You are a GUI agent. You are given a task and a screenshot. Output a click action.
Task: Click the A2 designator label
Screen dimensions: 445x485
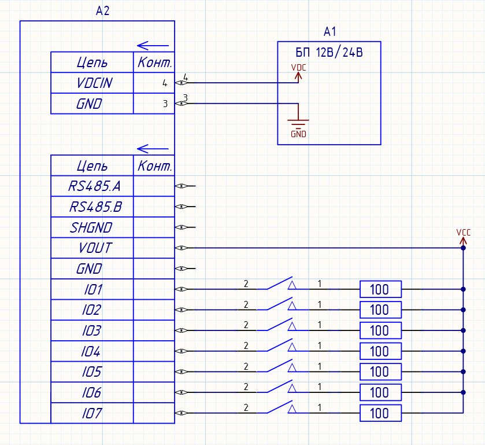[x=102, y=11]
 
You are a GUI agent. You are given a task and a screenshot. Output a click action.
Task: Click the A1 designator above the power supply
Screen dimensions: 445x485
[x=330, y=31]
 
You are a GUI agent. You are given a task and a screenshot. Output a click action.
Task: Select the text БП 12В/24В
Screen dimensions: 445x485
[x=329, y=52]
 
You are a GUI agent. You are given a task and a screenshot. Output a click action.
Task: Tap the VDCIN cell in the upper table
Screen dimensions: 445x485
[x=94, y=83]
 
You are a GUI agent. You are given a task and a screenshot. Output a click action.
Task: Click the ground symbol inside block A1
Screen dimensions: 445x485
[x=298, y=124]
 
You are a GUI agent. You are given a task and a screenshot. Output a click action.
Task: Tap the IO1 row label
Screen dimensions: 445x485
[x=92, y=289]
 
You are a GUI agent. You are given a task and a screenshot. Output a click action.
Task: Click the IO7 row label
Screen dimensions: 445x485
[x=92, y=413]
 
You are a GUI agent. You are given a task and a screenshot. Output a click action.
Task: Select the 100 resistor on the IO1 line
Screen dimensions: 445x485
[x=380, y=289]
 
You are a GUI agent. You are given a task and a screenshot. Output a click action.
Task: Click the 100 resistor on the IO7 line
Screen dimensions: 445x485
[x=380, y=413]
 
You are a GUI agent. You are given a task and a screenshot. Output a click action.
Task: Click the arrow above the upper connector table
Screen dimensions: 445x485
[x=153, y=45]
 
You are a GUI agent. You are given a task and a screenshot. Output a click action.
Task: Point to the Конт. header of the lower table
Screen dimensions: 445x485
[x=154, y=167]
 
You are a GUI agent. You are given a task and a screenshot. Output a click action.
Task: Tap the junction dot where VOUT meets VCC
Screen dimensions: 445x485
[x=463, y=248]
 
